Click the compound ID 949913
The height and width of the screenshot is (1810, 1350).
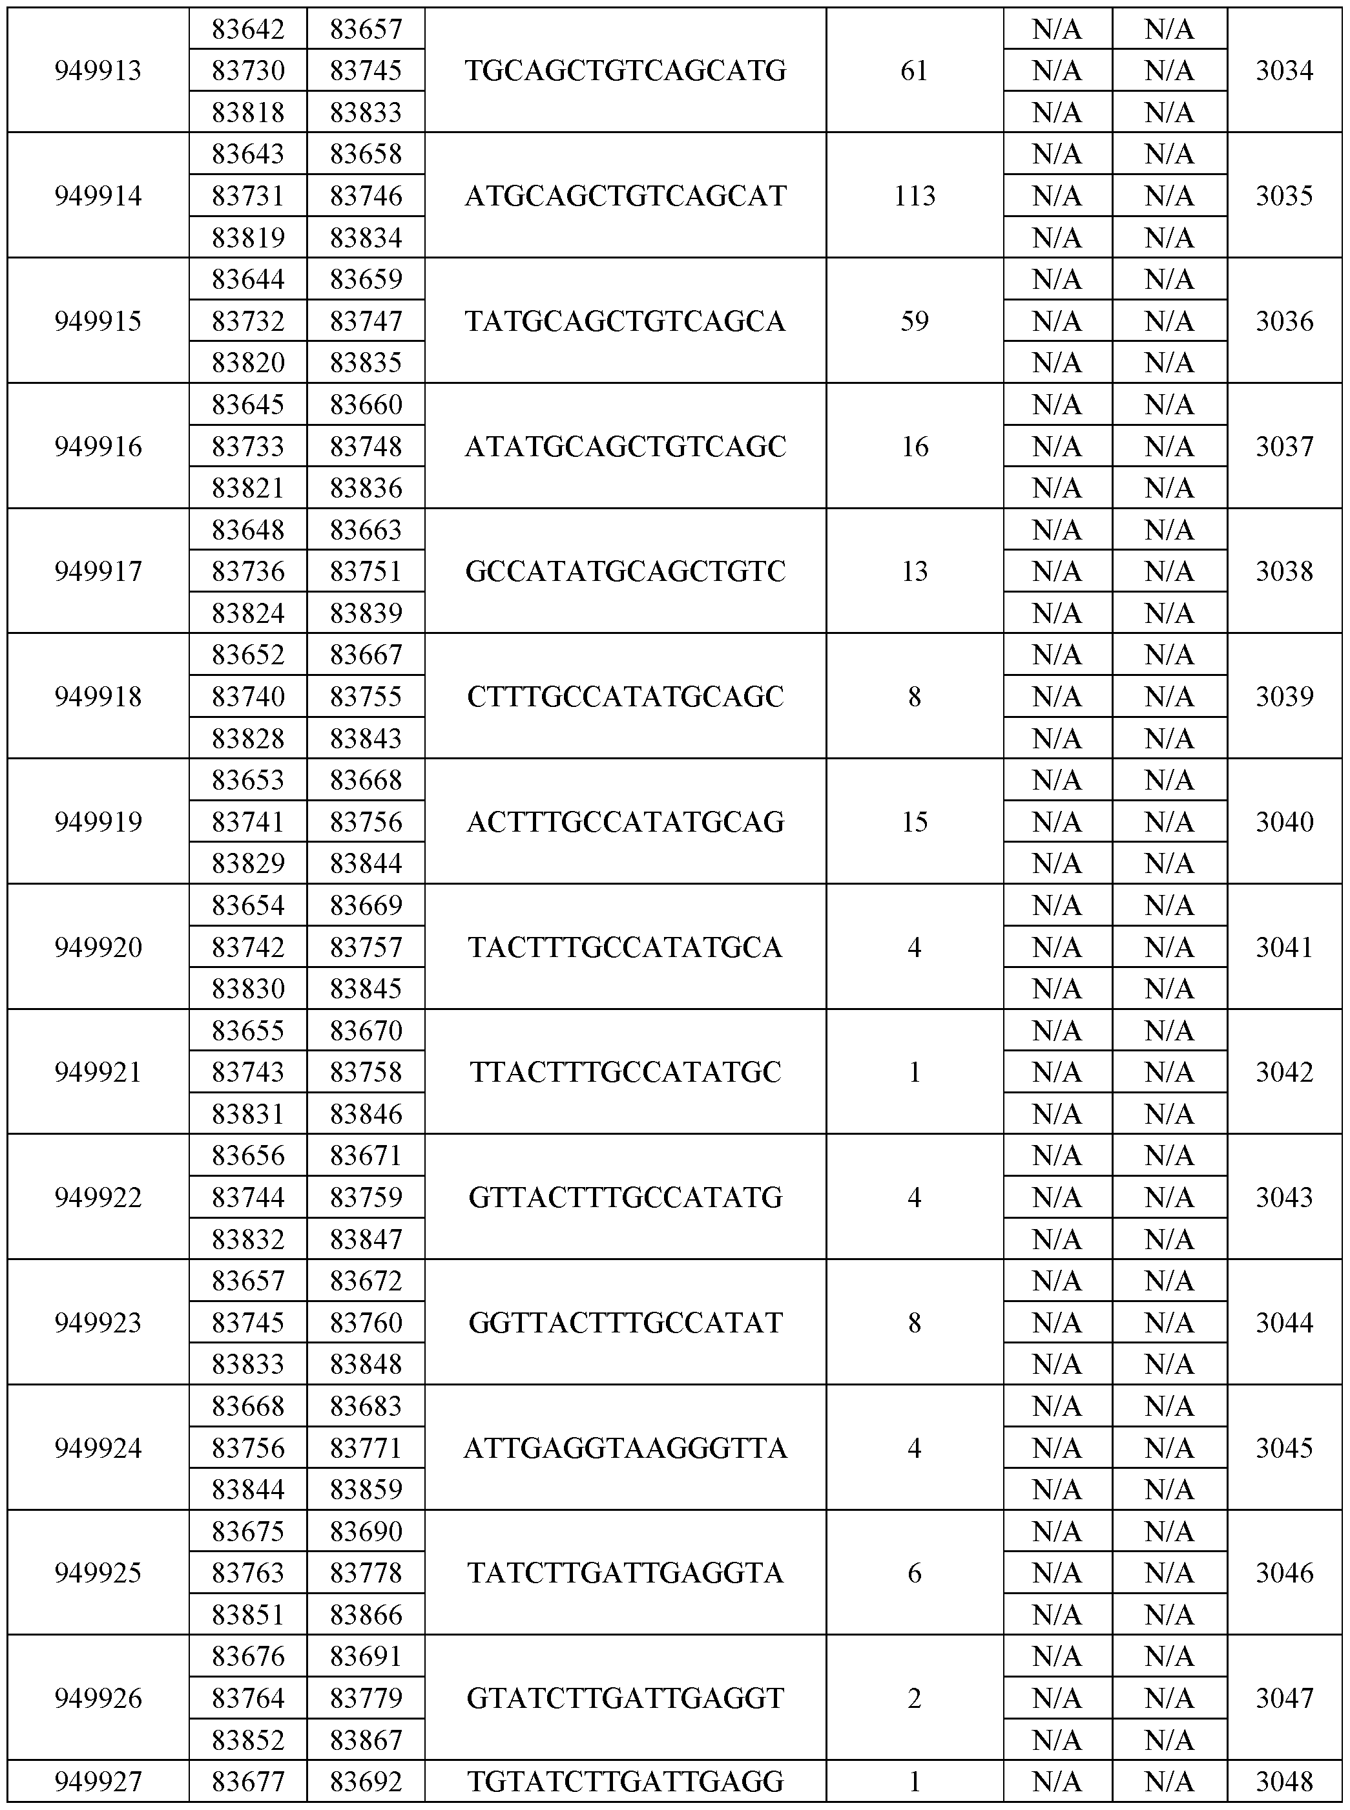click(x=98, y=70)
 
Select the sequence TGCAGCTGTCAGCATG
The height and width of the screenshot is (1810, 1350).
click(x=625, y=70)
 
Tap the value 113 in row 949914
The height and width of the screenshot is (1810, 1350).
click(x=915, y=195)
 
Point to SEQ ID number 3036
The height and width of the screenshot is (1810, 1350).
click(x=1285, y=321)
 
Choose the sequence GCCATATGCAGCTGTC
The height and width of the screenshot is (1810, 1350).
click(x=625, y=571)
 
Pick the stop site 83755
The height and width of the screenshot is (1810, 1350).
click(x=366, y=696)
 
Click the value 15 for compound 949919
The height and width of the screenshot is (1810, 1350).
click(x=915, y=821)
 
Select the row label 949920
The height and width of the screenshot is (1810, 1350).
click(x=98, y=947)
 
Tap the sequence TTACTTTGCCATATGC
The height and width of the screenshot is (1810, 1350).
click(x=625, y=1072)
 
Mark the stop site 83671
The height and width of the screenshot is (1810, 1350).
click(x=366, y=1155)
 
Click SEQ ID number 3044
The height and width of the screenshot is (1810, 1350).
click(x=1285, y=1322)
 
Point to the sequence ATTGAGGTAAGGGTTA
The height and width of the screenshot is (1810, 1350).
click(x=625, y=1448)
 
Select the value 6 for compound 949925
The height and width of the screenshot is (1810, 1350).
click(x=915, y=1573)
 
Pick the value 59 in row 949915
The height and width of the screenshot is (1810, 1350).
click(x=915, y=321)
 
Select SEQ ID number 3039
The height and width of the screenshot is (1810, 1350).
click(x=1285, y=696)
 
